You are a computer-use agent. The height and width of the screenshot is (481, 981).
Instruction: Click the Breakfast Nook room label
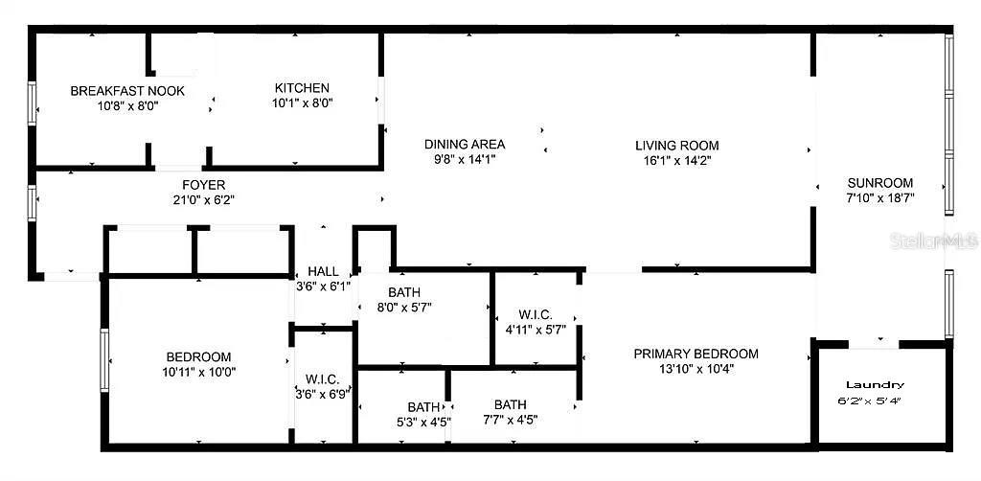[x=127, y=91]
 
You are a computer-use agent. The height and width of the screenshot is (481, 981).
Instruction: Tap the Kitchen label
[x=302, y=88]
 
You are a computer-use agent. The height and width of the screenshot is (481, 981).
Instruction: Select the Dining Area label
[x=465, y=145]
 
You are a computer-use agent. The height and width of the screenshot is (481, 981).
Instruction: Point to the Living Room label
[x=676, y=146]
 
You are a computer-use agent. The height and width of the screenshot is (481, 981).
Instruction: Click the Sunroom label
[x=879, y=183]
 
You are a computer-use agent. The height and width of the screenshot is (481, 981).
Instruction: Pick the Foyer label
[x=204, y=185]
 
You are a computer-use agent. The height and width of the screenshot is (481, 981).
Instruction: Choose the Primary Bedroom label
[x=696, y=354]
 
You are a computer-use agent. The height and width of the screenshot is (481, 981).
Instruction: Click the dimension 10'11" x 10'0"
[x=199, y=372]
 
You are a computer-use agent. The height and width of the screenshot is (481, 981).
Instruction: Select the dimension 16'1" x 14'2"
[x=676, y=160]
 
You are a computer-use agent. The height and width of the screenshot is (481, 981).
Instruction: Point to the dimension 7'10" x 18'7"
[x=879, y=198]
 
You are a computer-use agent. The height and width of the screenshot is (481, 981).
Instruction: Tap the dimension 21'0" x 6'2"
[x=204, y=200]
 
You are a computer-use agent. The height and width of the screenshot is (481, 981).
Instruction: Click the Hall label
[x=324, y=271]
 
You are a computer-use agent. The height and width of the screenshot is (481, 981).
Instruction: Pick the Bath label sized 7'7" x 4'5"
[x=510, y=404]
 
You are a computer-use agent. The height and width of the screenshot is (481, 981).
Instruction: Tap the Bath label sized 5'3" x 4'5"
[x=423, y=406]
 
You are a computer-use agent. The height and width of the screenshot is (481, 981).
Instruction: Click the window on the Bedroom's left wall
[x=105, y=360]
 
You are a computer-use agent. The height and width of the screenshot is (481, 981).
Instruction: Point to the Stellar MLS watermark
[x=945, y=240]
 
